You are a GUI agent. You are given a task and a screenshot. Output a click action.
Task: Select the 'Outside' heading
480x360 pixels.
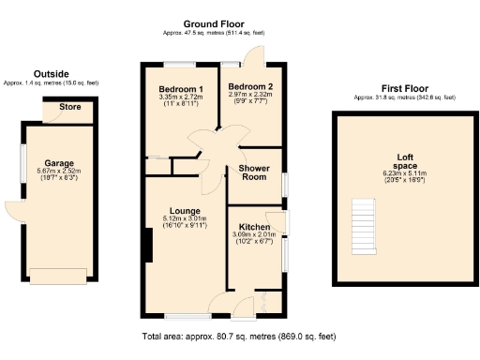pos(51,74)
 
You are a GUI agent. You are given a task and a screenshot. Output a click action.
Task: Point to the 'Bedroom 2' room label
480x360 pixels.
pos(250,86)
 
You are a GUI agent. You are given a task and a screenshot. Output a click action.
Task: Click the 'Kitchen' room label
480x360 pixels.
pos(256,227)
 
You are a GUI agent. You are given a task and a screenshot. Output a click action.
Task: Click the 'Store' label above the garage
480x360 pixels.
pos(70,107)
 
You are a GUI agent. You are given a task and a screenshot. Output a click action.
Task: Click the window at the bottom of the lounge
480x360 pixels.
pos(187,318)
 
